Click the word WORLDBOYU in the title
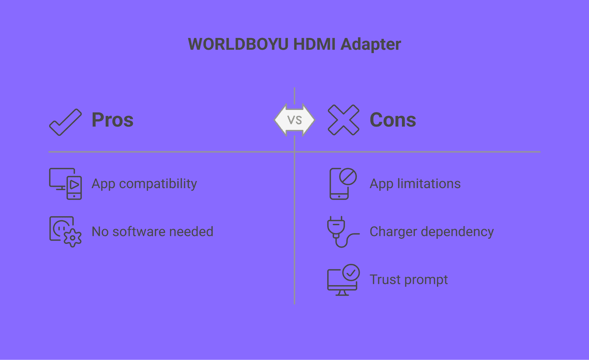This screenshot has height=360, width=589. tap(238, 44)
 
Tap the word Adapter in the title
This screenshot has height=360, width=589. tap(371, 44)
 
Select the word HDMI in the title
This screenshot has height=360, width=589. tap(314, 44)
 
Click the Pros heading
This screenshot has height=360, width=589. tap(112, 120)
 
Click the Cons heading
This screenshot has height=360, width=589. tap(393, 120)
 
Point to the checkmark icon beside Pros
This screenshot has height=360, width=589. tap(65, 122)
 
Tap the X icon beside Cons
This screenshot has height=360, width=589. tap(344, 120)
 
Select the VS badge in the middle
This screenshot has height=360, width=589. tap(294, 120)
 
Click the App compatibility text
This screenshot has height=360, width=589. tap(144, 184)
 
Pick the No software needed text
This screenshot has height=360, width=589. tap(152, 232)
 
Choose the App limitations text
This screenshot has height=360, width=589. tap(415, 184)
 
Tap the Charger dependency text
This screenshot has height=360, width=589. tap(432, 232)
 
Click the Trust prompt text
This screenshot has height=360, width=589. tap(409, 280)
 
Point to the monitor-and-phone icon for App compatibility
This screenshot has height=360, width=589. tap(65, 184)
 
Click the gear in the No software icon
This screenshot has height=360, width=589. tap(73, 238)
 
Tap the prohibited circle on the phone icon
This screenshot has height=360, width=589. tap(348, 176)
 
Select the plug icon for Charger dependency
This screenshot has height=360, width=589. tap(343, 232)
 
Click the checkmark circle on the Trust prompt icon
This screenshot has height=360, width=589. tap(351, 273)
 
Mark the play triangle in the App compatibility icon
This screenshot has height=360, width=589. tap(74, 185)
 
